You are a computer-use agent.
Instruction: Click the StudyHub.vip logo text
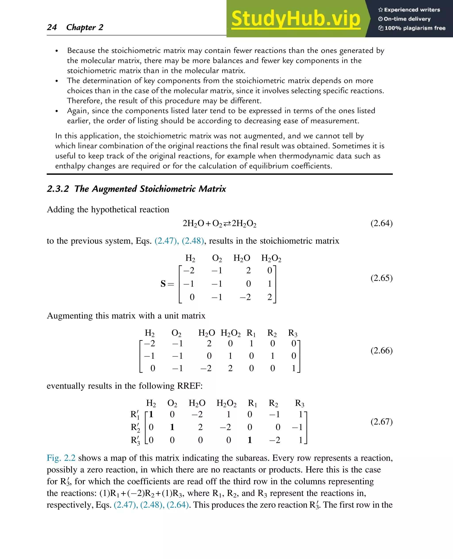point(296,19)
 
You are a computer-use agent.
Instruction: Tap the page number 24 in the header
point(52,27)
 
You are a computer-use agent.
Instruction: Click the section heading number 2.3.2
point(58,189)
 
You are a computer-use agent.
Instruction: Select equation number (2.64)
point(381,223)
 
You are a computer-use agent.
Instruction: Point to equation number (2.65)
point(381,278)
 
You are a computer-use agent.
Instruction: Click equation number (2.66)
point(381,350)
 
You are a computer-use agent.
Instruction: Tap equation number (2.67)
point(381,421)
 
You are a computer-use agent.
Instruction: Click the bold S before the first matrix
point(163,284)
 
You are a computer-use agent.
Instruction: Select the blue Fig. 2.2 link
point(61,458)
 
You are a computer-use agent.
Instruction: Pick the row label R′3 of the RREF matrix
point(135,440)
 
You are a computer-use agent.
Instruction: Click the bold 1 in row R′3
point(250,440)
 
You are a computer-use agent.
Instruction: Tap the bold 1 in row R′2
point(172,427)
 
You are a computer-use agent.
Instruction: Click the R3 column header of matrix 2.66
point(292,333)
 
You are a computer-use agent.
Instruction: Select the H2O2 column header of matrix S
point(271,258)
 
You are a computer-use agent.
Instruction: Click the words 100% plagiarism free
point(415,28)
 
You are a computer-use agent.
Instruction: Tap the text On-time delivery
point(407,19)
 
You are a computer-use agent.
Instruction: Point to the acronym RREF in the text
point(189,386)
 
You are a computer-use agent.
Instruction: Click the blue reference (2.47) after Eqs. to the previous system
point(166,241)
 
